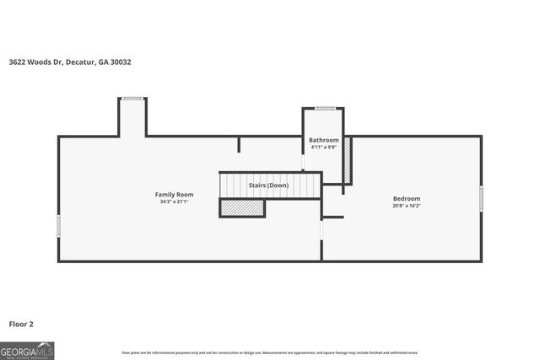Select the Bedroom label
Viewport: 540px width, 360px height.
407,198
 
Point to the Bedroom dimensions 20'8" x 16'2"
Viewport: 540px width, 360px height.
407,206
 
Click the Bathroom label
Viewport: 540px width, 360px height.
324,140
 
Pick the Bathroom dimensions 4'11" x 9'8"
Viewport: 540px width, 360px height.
324,148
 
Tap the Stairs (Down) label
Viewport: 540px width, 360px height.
268,185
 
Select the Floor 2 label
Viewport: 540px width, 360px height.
21,324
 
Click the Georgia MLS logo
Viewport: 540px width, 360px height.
27,351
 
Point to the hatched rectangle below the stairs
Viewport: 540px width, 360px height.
242,207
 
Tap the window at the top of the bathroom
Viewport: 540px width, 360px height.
325,108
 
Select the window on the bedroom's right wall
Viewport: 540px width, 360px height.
481,198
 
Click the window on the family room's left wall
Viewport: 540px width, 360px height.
58,225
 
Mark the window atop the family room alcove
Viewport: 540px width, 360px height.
132,99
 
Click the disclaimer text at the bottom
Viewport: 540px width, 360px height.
270,352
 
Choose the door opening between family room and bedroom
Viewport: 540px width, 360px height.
321,229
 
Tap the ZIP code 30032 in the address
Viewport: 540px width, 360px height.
120,62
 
